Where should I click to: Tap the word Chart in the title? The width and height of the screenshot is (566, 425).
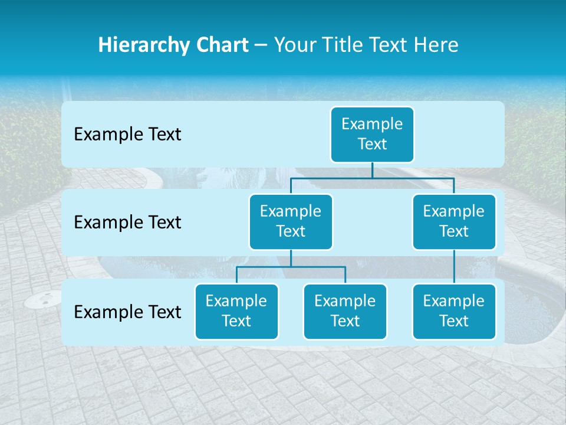[x=221, y=45]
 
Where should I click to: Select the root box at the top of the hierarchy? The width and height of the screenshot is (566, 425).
[x=372, y=134]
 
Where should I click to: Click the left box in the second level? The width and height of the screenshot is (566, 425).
[x=291, y=221]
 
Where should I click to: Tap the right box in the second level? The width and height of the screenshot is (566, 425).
[x=454, y=221]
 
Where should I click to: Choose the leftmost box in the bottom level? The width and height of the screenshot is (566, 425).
[x=236, y=311]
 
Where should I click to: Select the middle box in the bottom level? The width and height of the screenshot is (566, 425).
[x=345, y=311]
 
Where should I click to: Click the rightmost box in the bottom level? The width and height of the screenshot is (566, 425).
[x=454, y=311]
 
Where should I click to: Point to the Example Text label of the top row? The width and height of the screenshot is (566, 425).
[x=127, y=135]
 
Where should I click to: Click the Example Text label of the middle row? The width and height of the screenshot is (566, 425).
[x=127, y=223]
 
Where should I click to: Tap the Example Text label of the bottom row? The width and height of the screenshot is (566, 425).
[x=127, y=312]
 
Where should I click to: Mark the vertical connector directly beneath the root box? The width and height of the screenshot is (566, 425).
[x=372, y=170]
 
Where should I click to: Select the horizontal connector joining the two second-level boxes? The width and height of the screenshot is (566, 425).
[x=372, y=178]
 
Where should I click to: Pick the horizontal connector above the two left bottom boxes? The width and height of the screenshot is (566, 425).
[x=291, y=267]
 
